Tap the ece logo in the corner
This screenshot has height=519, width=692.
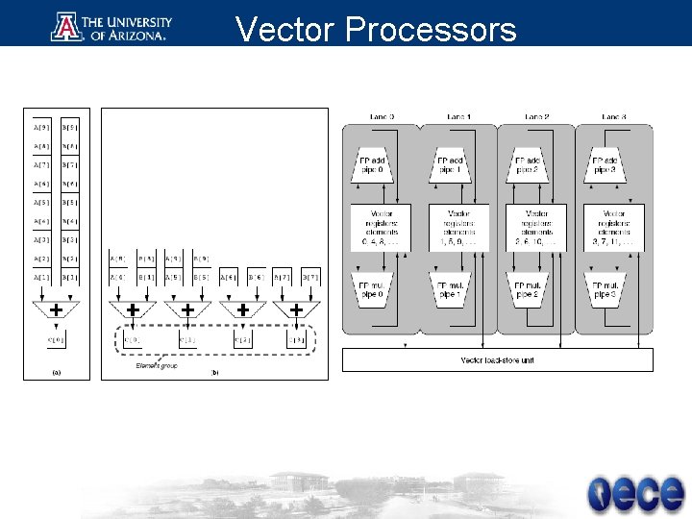(x=636, y=493)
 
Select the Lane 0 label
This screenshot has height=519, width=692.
(x=382, y=116)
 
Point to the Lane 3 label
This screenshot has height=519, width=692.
(x=613, y=116)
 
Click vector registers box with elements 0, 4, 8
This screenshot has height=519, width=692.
(x=381, y=229)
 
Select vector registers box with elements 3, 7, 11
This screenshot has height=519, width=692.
(x=613, y=229)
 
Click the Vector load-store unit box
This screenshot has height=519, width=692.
(x=498, y=359)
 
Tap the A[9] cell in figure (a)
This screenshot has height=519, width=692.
(x=42, y=126)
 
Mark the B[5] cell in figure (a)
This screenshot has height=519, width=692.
(x=70, y=203)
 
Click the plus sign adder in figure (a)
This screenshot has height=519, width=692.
(x=57, y=310)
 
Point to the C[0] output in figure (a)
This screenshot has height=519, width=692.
(x=57, y=338)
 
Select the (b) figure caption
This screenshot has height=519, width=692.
(x=214, y=373)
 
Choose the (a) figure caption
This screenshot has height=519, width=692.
(x=56, y=373)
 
